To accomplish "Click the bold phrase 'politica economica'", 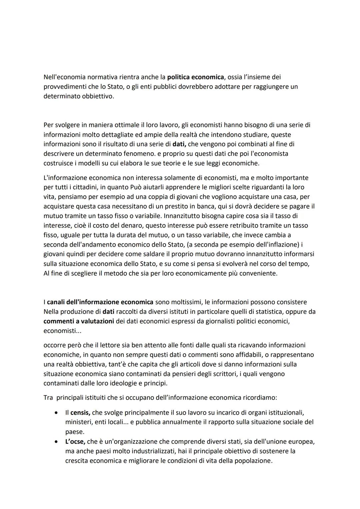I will pyautogui.click(x=195, y=77).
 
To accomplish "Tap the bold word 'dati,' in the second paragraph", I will pyautogui.click(x=179, y=144).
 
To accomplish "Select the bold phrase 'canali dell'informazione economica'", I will pyautogui.click(x=100, y=302).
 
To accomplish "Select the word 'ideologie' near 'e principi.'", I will pyautogui.click(x=122, y=383).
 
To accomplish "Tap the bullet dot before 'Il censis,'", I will pyautogui.click(x=56, y=413).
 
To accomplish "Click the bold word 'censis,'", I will pyautogui.click(x=80, y=413).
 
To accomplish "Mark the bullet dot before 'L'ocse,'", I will pyautogui.click(x=56, y=442).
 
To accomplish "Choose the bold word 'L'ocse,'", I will pyautogui.click(x=75, y=442).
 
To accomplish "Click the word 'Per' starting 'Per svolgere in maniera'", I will pyautogui.click(x=48, y=125).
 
